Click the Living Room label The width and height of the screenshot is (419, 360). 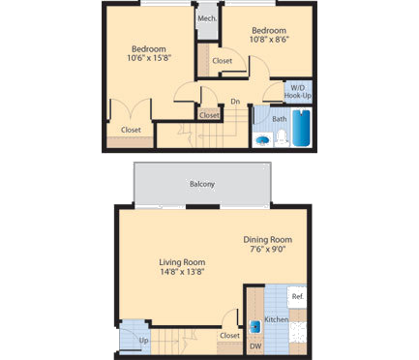coord(181,262)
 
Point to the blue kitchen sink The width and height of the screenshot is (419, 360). coord(256,326)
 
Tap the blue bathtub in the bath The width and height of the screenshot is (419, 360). coord(300,129)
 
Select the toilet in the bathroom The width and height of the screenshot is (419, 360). coord(281,138)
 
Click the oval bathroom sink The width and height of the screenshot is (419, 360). coord(261,139)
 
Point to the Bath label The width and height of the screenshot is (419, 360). coord(279,120)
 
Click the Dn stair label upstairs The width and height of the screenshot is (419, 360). coord(235,102)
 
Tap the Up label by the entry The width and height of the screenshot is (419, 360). coord(143,341)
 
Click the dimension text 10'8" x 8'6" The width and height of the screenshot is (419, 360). coord(271,41)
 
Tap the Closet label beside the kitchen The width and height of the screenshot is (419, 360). coord(230,336)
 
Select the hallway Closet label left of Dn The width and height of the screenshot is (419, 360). coord(209,114)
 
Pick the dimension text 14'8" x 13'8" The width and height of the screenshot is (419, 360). coord(181,272)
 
